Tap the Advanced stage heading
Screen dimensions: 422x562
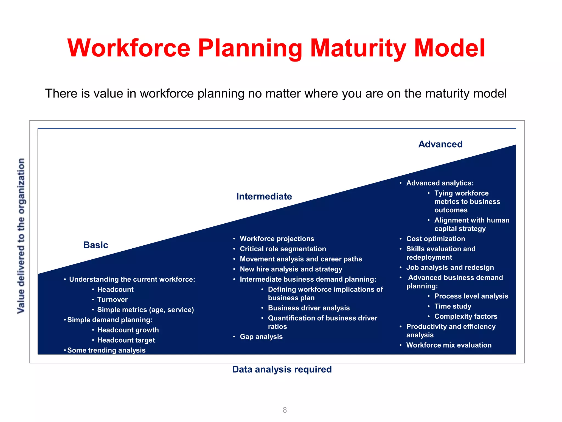[440, 144]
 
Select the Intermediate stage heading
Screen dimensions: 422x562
[264, 196]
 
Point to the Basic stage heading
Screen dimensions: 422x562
[95, 245]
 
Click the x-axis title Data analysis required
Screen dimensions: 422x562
[282, 369]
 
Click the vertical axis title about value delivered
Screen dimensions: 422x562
[21, 236]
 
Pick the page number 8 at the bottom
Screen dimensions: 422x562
[285, 410]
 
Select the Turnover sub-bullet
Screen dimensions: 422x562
[112, 299]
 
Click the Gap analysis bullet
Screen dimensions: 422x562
[261, 337]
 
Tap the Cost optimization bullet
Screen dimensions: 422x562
[435, 239]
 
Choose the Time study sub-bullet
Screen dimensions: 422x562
[453, 306]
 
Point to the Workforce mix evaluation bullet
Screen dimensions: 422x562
[449, 345]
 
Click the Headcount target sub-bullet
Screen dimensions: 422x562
[126, 340]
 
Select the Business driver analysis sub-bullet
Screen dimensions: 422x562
[309, 308]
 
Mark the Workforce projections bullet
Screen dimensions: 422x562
[277, 239]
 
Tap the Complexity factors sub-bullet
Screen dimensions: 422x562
[466, 316]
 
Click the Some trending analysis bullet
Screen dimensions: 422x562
[106, 350]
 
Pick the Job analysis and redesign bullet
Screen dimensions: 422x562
[450, 268]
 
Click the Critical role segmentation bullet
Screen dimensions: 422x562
[283, 249]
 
